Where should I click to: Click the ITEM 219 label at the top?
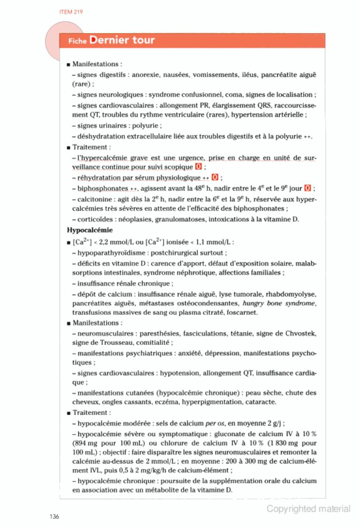(71, 12)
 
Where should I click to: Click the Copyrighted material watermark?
(308, 509)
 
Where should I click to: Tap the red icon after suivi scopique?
(199, 167)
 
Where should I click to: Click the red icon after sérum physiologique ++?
(215, 178)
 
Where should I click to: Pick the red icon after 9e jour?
(307, 188)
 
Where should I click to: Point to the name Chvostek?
(300, 334)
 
